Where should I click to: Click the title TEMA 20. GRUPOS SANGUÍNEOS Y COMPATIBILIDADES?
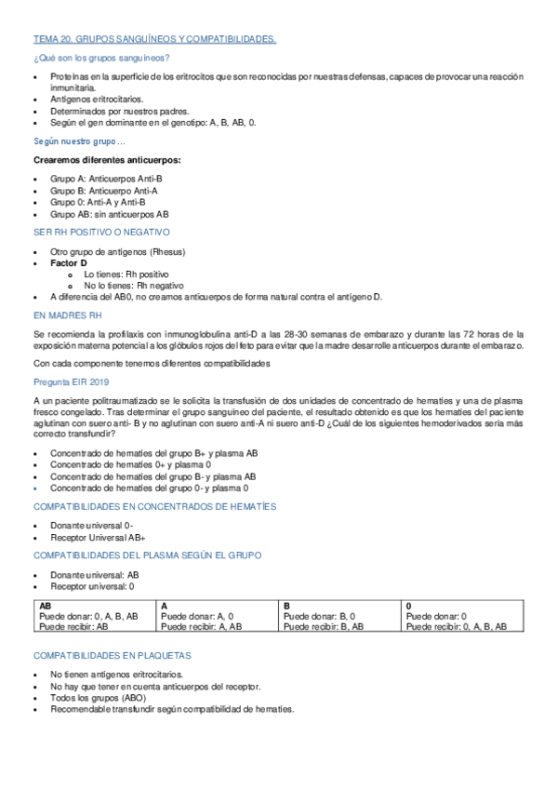(x=154, y=40)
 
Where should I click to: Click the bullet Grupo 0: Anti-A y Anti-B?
(x=98, y=201)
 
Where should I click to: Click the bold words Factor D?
(x=70, y=263)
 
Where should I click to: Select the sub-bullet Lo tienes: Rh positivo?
(x=126, y=275)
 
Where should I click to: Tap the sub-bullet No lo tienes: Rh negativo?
(x=133, y=286)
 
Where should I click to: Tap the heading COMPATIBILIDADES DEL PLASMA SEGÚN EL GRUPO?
(x=148, y=555)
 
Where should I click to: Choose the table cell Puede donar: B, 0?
(x=318, y=616)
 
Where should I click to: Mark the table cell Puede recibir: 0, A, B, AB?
(x=458, y=627)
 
